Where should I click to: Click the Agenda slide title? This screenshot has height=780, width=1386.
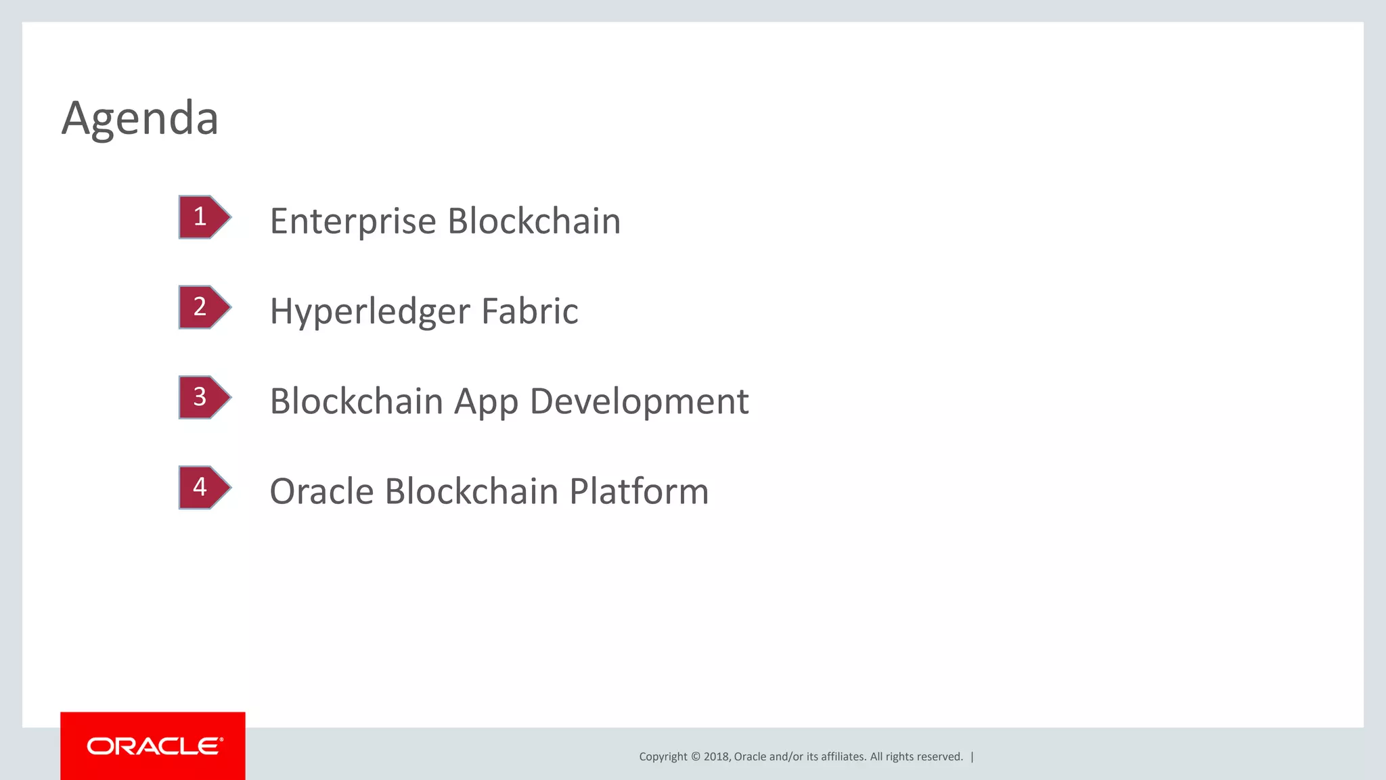pyautogui.click(x=140, y=118)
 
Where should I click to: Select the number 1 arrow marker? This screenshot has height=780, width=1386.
pyautogui.click(x=203, y=217)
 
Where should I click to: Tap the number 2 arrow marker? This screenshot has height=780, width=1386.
pyautogui.click(x=203, y=307)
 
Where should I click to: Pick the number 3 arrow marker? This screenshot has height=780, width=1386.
pyautogui.click(x=203, y=397)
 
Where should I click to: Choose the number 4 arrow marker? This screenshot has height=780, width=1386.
pyautogui.click(x=203, y=487)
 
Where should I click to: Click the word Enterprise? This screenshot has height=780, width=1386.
pyautogui.click(x=353, y=222)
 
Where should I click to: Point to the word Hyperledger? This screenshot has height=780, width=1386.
pyautogui.click(x=370, y=312)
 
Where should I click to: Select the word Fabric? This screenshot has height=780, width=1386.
pyautogui.click(x=529, y=311)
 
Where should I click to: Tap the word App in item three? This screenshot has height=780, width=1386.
pyautogui.click(x=485, y=402)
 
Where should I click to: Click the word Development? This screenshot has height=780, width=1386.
pyautogui.click(x=639, y=402)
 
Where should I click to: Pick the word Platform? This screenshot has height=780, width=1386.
pyautogui.click(x=638, y=491)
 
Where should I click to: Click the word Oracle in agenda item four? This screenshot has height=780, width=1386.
pyautogui.click(x=321, y=491)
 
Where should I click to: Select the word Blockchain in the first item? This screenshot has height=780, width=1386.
pyautogui.click(x=534, y=221)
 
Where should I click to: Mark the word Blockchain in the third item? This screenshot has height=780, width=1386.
pyautogui.click(x=356, y=401)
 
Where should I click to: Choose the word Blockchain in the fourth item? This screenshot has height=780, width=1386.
pyautogui.click(x=471, y=491)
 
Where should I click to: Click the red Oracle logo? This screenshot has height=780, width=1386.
pyautogui.click(x=153, y=746)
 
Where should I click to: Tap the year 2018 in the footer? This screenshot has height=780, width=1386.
pyautogui.click(x=716, y=757)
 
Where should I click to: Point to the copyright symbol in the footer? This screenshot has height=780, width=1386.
pyautogui.click(x=695, y=757)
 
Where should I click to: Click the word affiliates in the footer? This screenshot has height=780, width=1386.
pyautogui.click(x=843, y=757)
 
